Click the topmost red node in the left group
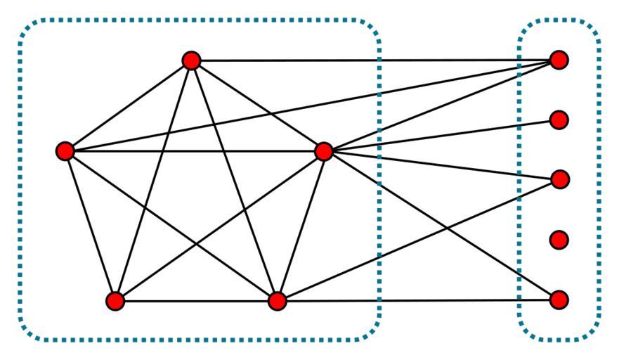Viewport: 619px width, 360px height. coord(191,61)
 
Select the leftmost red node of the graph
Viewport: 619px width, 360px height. coord(65,151)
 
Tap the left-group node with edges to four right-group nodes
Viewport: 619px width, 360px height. coord(324,151)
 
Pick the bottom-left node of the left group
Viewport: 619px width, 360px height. coord(115,302)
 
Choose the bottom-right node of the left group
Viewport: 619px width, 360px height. coord(278,302)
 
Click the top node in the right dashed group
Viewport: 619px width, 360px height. coord(559,60)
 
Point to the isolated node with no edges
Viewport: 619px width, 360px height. coord(559,240)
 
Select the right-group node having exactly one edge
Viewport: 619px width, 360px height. coord(559,120)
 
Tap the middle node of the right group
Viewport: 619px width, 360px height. coord(559,180)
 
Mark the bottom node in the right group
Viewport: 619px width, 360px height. coord(559,300)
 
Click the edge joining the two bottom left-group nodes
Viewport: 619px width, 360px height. coord(197,302)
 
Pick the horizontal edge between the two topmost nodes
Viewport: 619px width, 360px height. coord(422,60)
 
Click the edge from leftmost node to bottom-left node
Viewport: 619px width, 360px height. coord(90,225)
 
